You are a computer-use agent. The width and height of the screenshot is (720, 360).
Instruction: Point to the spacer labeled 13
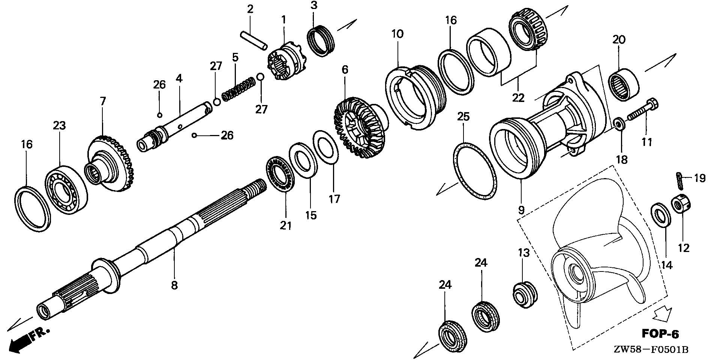524,294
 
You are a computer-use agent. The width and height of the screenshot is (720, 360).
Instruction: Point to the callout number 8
174,285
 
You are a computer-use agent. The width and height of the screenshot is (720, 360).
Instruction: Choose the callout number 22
518,97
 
